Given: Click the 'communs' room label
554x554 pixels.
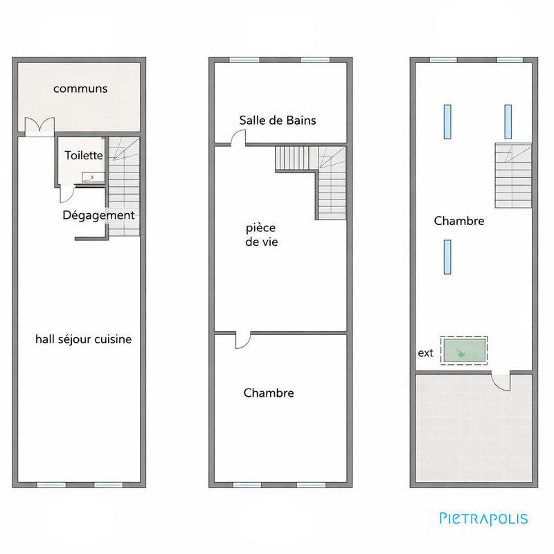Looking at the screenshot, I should click(80, 89).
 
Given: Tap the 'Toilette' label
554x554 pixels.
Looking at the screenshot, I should click(84, 157).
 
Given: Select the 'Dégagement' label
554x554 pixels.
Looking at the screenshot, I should click(98, 215).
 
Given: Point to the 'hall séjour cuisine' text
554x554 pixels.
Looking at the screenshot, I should click(83, 339).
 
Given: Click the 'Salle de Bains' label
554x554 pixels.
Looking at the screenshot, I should click(278, 120).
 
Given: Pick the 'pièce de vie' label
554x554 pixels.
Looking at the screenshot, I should click(261, 235).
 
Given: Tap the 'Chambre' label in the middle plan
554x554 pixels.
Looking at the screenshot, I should click(269, 393).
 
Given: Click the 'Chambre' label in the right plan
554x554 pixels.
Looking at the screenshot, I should click(458, 222).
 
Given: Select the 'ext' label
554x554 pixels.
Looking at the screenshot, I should click(425, 353).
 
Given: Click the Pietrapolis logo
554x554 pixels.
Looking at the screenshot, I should click(483, 518).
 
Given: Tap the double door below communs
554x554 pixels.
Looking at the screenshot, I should click(39, 127).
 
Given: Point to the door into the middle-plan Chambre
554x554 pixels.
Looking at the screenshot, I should click(244, 339).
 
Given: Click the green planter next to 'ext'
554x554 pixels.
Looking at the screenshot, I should click(464, 350).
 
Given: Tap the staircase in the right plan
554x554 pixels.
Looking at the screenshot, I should click(513, 175).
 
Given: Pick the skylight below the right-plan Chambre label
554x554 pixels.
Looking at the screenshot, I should click(447, 256).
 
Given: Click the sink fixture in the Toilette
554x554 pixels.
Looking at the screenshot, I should click(90, 177).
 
